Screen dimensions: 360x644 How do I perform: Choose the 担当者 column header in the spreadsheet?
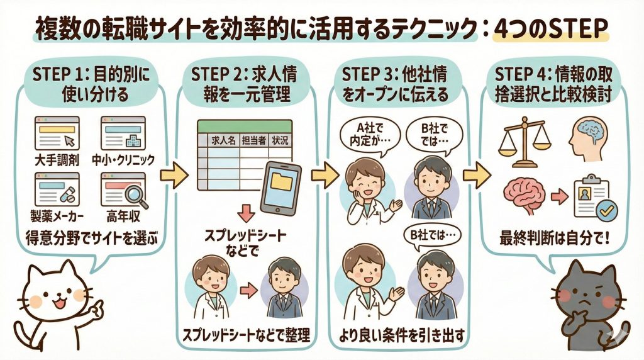(x=252, y=142)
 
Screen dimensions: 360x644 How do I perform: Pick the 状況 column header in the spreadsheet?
(x=279, y=142)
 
